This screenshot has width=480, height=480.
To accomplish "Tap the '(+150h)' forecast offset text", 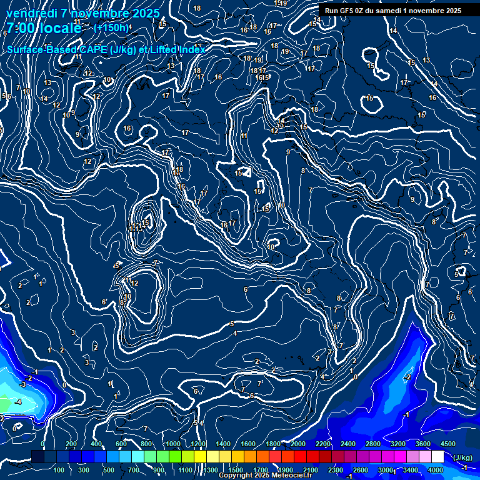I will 111,28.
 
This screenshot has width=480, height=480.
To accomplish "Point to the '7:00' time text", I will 19,28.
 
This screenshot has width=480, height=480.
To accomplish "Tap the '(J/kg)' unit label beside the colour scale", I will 462,457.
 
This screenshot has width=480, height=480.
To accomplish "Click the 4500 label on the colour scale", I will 447,444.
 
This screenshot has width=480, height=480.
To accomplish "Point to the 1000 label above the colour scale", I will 173,444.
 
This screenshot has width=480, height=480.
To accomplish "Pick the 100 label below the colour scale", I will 59,470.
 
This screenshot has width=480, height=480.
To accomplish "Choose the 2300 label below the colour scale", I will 336,470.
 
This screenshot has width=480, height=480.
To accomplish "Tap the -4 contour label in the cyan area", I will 18,402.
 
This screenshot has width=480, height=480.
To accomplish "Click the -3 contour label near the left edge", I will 22,384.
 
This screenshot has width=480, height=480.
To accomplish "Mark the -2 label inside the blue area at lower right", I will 407,377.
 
